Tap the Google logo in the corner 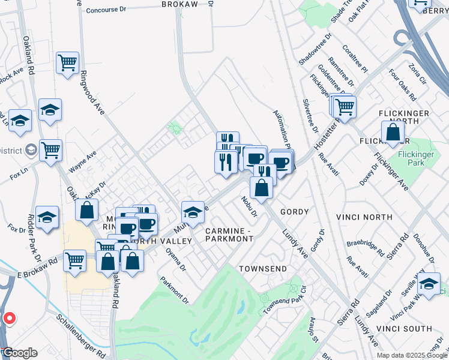coord(19,353)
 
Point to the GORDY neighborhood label coord(294,212)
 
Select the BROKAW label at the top coord(179,4)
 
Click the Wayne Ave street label coord(82,163)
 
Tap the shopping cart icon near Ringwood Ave coord(68,62)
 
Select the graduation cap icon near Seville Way coord(429,283)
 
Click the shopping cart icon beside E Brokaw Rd coord(75,261)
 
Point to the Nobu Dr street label coord(250,206)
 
